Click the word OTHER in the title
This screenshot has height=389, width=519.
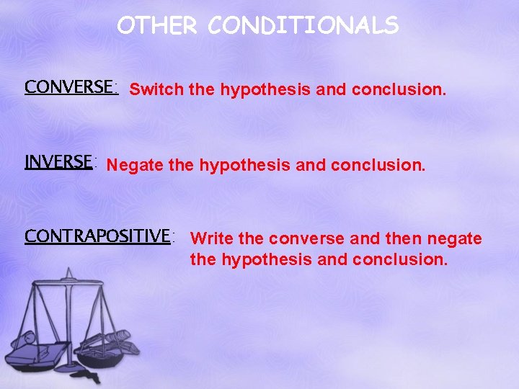tap(156, 26)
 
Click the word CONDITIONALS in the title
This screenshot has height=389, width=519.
tap(303, 26)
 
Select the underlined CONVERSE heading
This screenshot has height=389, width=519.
tap(70, 87)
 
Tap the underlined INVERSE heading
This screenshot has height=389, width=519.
tap(58, 161)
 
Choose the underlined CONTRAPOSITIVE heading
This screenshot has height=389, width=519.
tap(98, 236)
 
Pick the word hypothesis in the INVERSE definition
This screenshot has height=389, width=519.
tap(245, 166)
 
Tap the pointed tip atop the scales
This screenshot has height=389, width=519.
tap(70, 271)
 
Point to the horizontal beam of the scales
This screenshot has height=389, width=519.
tap(70, 286)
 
